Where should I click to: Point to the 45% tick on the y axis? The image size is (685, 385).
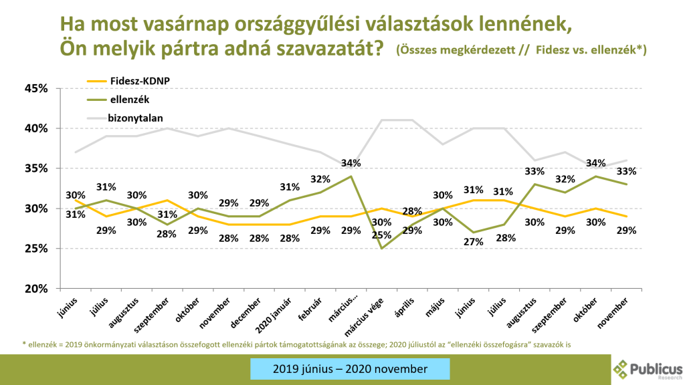38,88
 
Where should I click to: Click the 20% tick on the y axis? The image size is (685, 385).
38,289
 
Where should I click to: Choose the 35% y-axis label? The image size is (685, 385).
38,168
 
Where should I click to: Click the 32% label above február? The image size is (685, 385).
320,179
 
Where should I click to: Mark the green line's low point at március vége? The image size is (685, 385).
381,249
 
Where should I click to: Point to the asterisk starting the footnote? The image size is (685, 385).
24,344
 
